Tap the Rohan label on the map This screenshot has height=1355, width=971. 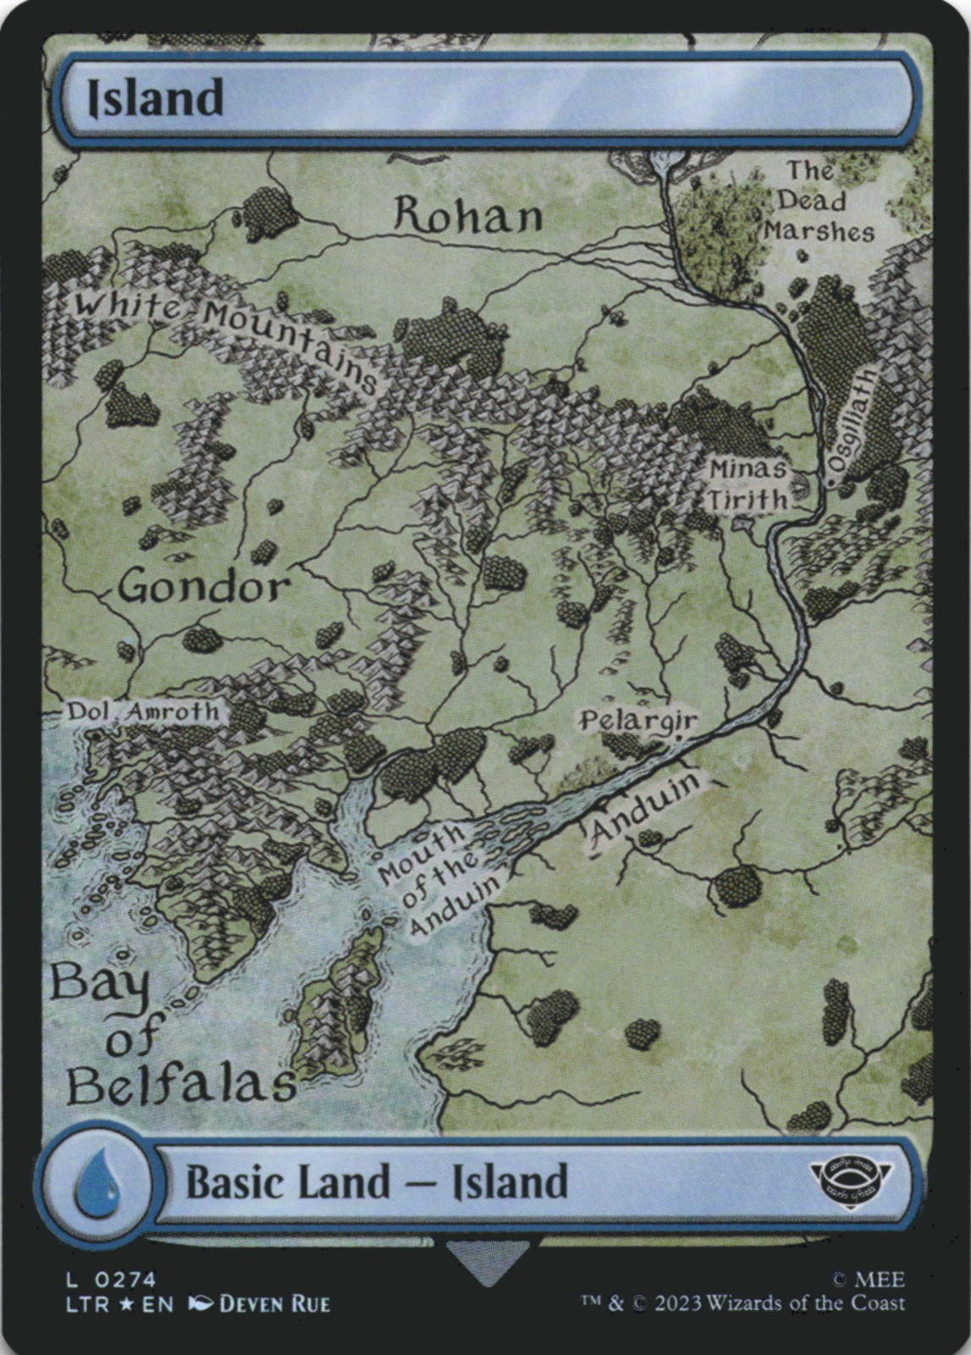coord(468,217)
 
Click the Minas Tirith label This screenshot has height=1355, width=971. coord(748,484)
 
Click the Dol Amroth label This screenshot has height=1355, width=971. coord(143,712)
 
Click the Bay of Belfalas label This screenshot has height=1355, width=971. coord(169,1038)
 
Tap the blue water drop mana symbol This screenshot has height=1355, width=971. coord(97,1181)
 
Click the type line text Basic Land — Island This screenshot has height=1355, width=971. coord(376,1181)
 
